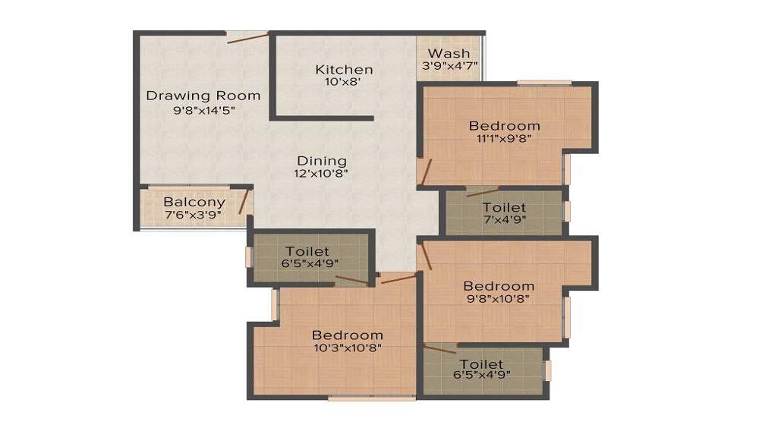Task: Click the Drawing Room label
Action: click(203, 96)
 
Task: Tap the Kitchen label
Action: click(344, 70)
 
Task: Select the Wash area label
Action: click(449, 53)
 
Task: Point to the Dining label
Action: click(322, 161)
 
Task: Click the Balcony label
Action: click(194, 202)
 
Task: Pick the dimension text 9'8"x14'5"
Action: click(204, 110)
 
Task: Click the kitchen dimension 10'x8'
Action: click(343, 82)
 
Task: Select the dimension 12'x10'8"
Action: click(321, 173)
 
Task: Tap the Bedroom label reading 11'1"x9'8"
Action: click(505, 126)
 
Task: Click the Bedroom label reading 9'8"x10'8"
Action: click(499, 286)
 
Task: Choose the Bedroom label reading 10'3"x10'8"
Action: click(348, 335)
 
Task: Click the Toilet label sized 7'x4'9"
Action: click(504, 207)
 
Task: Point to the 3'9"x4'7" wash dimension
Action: click(449, 65)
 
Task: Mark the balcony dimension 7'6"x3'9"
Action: click(193, 215)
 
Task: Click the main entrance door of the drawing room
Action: click(247, 38)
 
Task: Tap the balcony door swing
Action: click(244, 201)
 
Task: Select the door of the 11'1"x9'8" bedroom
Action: click(426, 172)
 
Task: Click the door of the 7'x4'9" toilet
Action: click(483, 192)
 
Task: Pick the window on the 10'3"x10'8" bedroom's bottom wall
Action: click(372, 398)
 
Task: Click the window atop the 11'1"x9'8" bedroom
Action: click(544, 83)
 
